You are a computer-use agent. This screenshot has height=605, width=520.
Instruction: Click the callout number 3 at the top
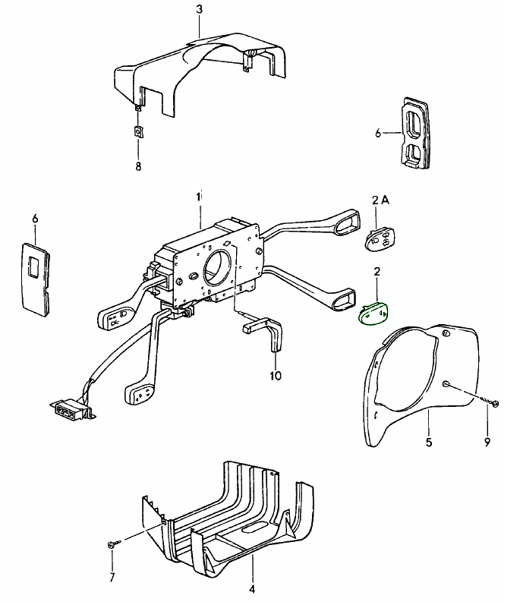(x=199, y=10)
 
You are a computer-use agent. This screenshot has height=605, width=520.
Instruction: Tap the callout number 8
(x=138, y=166)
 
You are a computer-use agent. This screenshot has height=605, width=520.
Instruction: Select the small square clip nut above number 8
(x=138, y=131)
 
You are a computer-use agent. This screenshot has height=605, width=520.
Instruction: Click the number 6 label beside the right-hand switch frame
(x=378, y=133)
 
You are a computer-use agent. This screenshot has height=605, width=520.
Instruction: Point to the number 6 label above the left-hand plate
(x=35, y=219)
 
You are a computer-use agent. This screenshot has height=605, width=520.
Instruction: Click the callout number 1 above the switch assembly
(x=199, y=196)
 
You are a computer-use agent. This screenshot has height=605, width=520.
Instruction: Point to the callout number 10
(x=275, y=375)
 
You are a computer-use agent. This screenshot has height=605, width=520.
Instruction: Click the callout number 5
(x=429, y=443)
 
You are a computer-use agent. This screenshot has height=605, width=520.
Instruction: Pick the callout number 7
(x=112, y=578)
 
